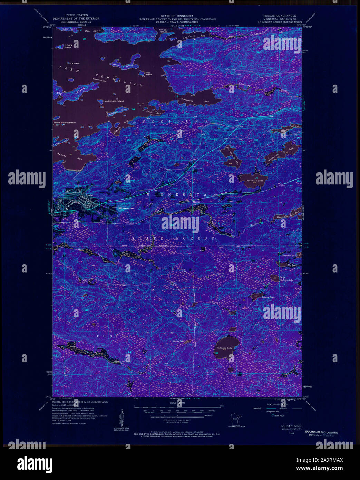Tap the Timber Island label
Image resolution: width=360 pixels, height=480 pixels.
click(163, 31)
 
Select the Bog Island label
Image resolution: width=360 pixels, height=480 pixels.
click(148, 74)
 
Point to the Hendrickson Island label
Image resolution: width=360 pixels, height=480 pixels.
click(113, 101)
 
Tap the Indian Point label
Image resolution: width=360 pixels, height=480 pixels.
click(69, 29)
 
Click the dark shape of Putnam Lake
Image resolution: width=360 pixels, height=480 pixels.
click(226, 347)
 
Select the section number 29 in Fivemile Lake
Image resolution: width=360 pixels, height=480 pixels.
click(256, 177)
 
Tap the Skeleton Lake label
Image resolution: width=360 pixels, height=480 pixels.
click(267, 297)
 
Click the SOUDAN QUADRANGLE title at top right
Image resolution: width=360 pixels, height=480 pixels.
click(280, 16)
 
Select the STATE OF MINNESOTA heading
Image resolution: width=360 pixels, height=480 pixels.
click(177, 16)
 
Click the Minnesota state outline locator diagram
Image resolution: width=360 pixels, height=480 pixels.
click(234, 420)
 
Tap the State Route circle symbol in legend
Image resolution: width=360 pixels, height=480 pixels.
click(273, 415)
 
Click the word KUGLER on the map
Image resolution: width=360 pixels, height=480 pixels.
click(109, 336)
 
